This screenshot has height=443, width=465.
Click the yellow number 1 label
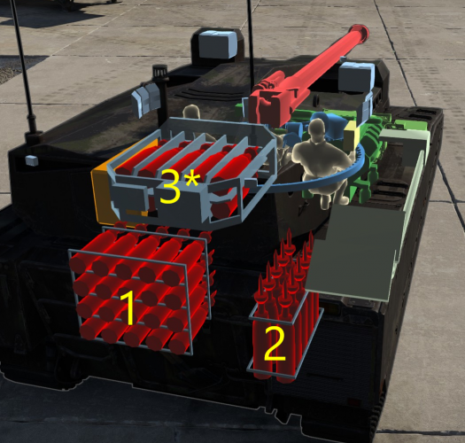pos(128,308)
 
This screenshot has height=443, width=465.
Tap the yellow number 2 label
pos(275,346)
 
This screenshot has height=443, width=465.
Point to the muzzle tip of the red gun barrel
pos(360,33)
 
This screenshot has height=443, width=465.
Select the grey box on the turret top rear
pos(216,44)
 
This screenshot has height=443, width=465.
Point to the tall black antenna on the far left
pos(25,71)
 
